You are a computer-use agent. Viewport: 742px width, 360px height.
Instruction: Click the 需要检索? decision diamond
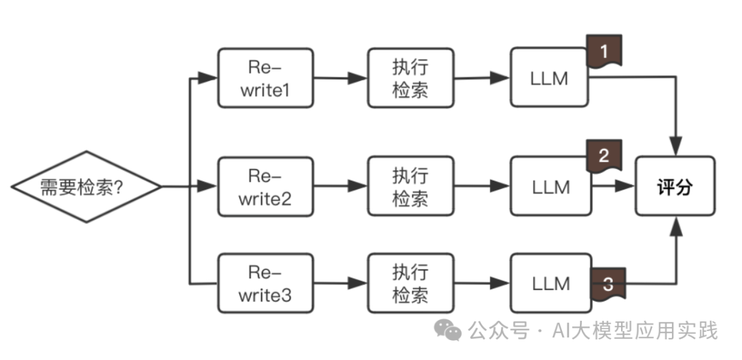pos(86,186)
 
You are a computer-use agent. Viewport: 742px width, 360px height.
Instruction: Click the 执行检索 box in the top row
pos(410,78)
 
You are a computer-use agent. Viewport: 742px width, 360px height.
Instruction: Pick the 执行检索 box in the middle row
pos(410,186)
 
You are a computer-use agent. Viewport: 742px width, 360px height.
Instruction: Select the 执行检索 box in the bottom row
pos(410,283)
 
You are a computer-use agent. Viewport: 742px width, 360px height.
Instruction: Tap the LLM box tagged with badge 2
pos(550,186)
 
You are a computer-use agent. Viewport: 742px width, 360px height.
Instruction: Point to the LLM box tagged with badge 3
pos(550,283)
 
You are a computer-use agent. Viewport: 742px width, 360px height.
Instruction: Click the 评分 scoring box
pos(674,186)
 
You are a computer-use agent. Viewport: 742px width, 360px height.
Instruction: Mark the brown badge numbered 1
pos(604,52)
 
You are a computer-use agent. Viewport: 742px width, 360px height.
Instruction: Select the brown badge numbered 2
pos(604,156)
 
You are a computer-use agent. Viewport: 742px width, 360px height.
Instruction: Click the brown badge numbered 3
pos(607,284)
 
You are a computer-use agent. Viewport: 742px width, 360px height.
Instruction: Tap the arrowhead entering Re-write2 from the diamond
pos(208,186)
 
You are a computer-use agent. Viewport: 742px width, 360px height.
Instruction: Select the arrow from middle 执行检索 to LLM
pos(481,186)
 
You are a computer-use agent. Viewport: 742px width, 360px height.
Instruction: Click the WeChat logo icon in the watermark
pos(451,331)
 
